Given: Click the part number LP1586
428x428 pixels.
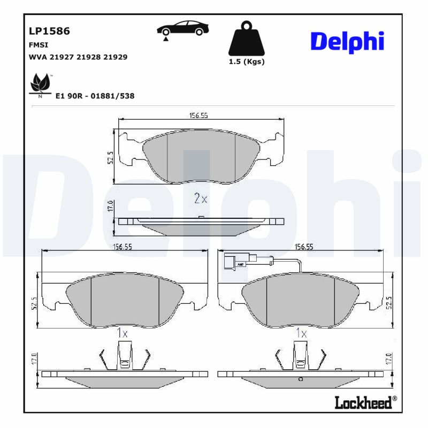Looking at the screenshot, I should (x=49, y=31).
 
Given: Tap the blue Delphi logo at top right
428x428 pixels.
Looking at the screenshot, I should (x=347, y=41).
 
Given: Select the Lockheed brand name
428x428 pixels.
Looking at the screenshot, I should (x=363, y=402).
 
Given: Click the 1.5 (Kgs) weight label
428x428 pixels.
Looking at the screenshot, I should (x=247, y=62).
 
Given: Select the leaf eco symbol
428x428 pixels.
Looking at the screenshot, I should (x=40, y=83).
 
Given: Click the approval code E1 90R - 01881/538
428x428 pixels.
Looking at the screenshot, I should (x=95, y=96).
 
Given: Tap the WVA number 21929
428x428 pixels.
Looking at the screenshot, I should (x=116, y=57).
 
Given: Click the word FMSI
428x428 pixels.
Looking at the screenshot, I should (x=38, y=45).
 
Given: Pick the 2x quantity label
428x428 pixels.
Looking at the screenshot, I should (x=200, y=199).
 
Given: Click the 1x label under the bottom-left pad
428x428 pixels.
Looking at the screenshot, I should (x=123, y=333).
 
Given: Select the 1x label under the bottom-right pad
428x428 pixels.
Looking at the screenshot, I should (x=301, y=333).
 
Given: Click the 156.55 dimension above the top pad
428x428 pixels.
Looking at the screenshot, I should (x=198, y=116).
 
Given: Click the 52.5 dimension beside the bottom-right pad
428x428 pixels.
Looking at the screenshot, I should (x=389, y=302).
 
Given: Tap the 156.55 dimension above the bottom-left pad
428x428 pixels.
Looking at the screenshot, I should (x=123, y=247).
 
